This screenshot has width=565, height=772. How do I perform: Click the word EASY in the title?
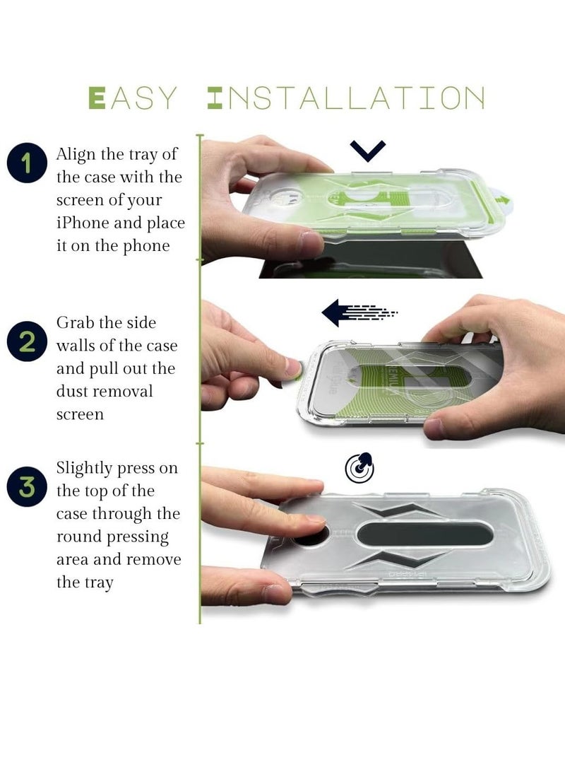click(132, 98)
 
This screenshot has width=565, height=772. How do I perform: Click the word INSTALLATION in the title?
click(346, 98)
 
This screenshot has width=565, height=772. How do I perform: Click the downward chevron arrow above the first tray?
click(368, 150)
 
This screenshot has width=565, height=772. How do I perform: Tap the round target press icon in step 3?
click(359, 467)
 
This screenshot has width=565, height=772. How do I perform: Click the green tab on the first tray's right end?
click(506, 199)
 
